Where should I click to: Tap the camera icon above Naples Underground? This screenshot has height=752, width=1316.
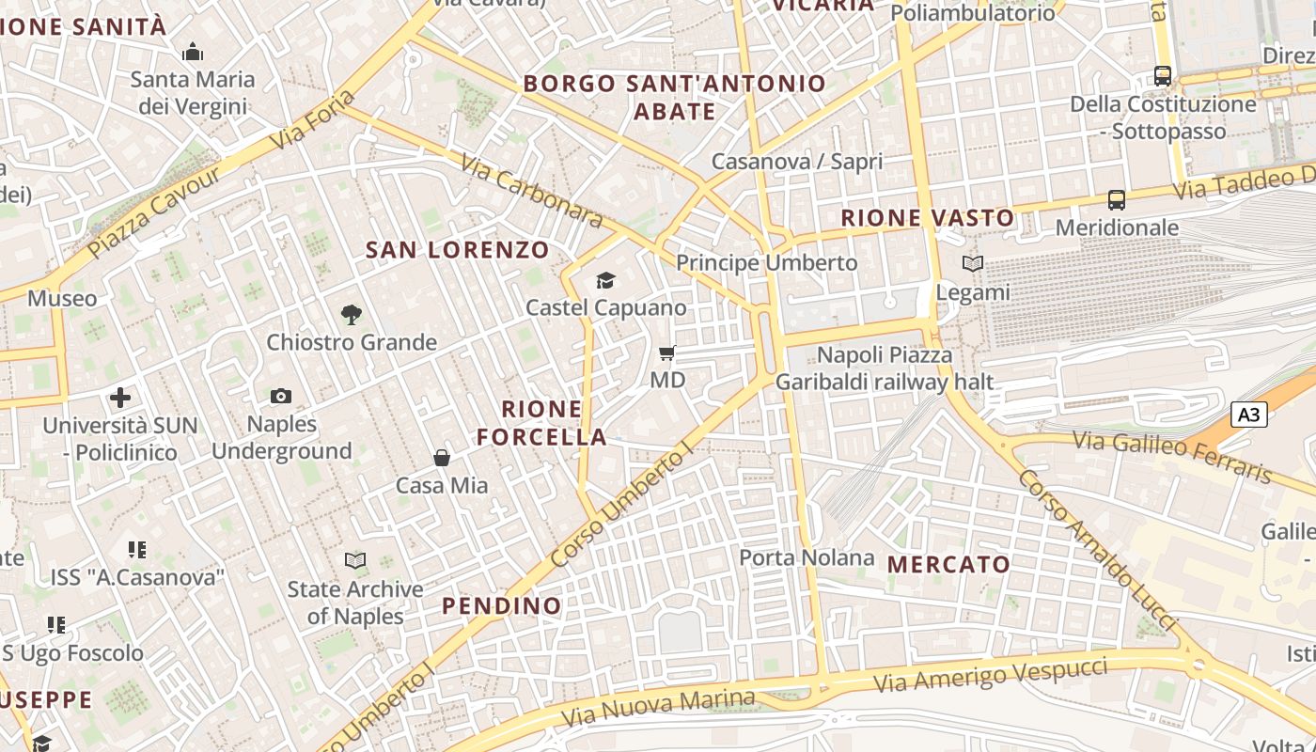point(281,397)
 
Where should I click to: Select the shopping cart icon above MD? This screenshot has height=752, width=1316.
point(667,353)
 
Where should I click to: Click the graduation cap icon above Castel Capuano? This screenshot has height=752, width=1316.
point(605,281)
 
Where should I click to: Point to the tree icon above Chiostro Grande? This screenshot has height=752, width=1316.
point(352,315)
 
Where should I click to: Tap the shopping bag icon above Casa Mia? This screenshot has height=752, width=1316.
point(442,458)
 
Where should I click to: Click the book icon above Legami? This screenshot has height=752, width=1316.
point(973,264)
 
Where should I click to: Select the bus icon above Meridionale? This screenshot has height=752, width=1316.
point(1117,200)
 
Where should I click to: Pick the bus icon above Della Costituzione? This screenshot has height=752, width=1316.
point(1163,76)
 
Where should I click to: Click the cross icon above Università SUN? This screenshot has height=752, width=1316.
point(120,398)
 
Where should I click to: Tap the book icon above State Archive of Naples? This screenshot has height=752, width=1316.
point(355,561)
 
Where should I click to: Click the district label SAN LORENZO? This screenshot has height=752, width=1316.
point(457,250)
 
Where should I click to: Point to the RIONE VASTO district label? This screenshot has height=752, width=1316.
point(928,218)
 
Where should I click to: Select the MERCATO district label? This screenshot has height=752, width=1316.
point(948,565)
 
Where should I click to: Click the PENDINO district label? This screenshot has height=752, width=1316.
point(502,605)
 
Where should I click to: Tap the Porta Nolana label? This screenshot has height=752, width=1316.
point(807,557)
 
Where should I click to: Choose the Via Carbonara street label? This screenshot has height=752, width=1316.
point(531,190)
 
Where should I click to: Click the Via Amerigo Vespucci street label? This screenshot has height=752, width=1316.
point(991,674)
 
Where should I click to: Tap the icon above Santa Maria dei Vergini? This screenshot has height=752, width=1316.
point(193,52)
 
